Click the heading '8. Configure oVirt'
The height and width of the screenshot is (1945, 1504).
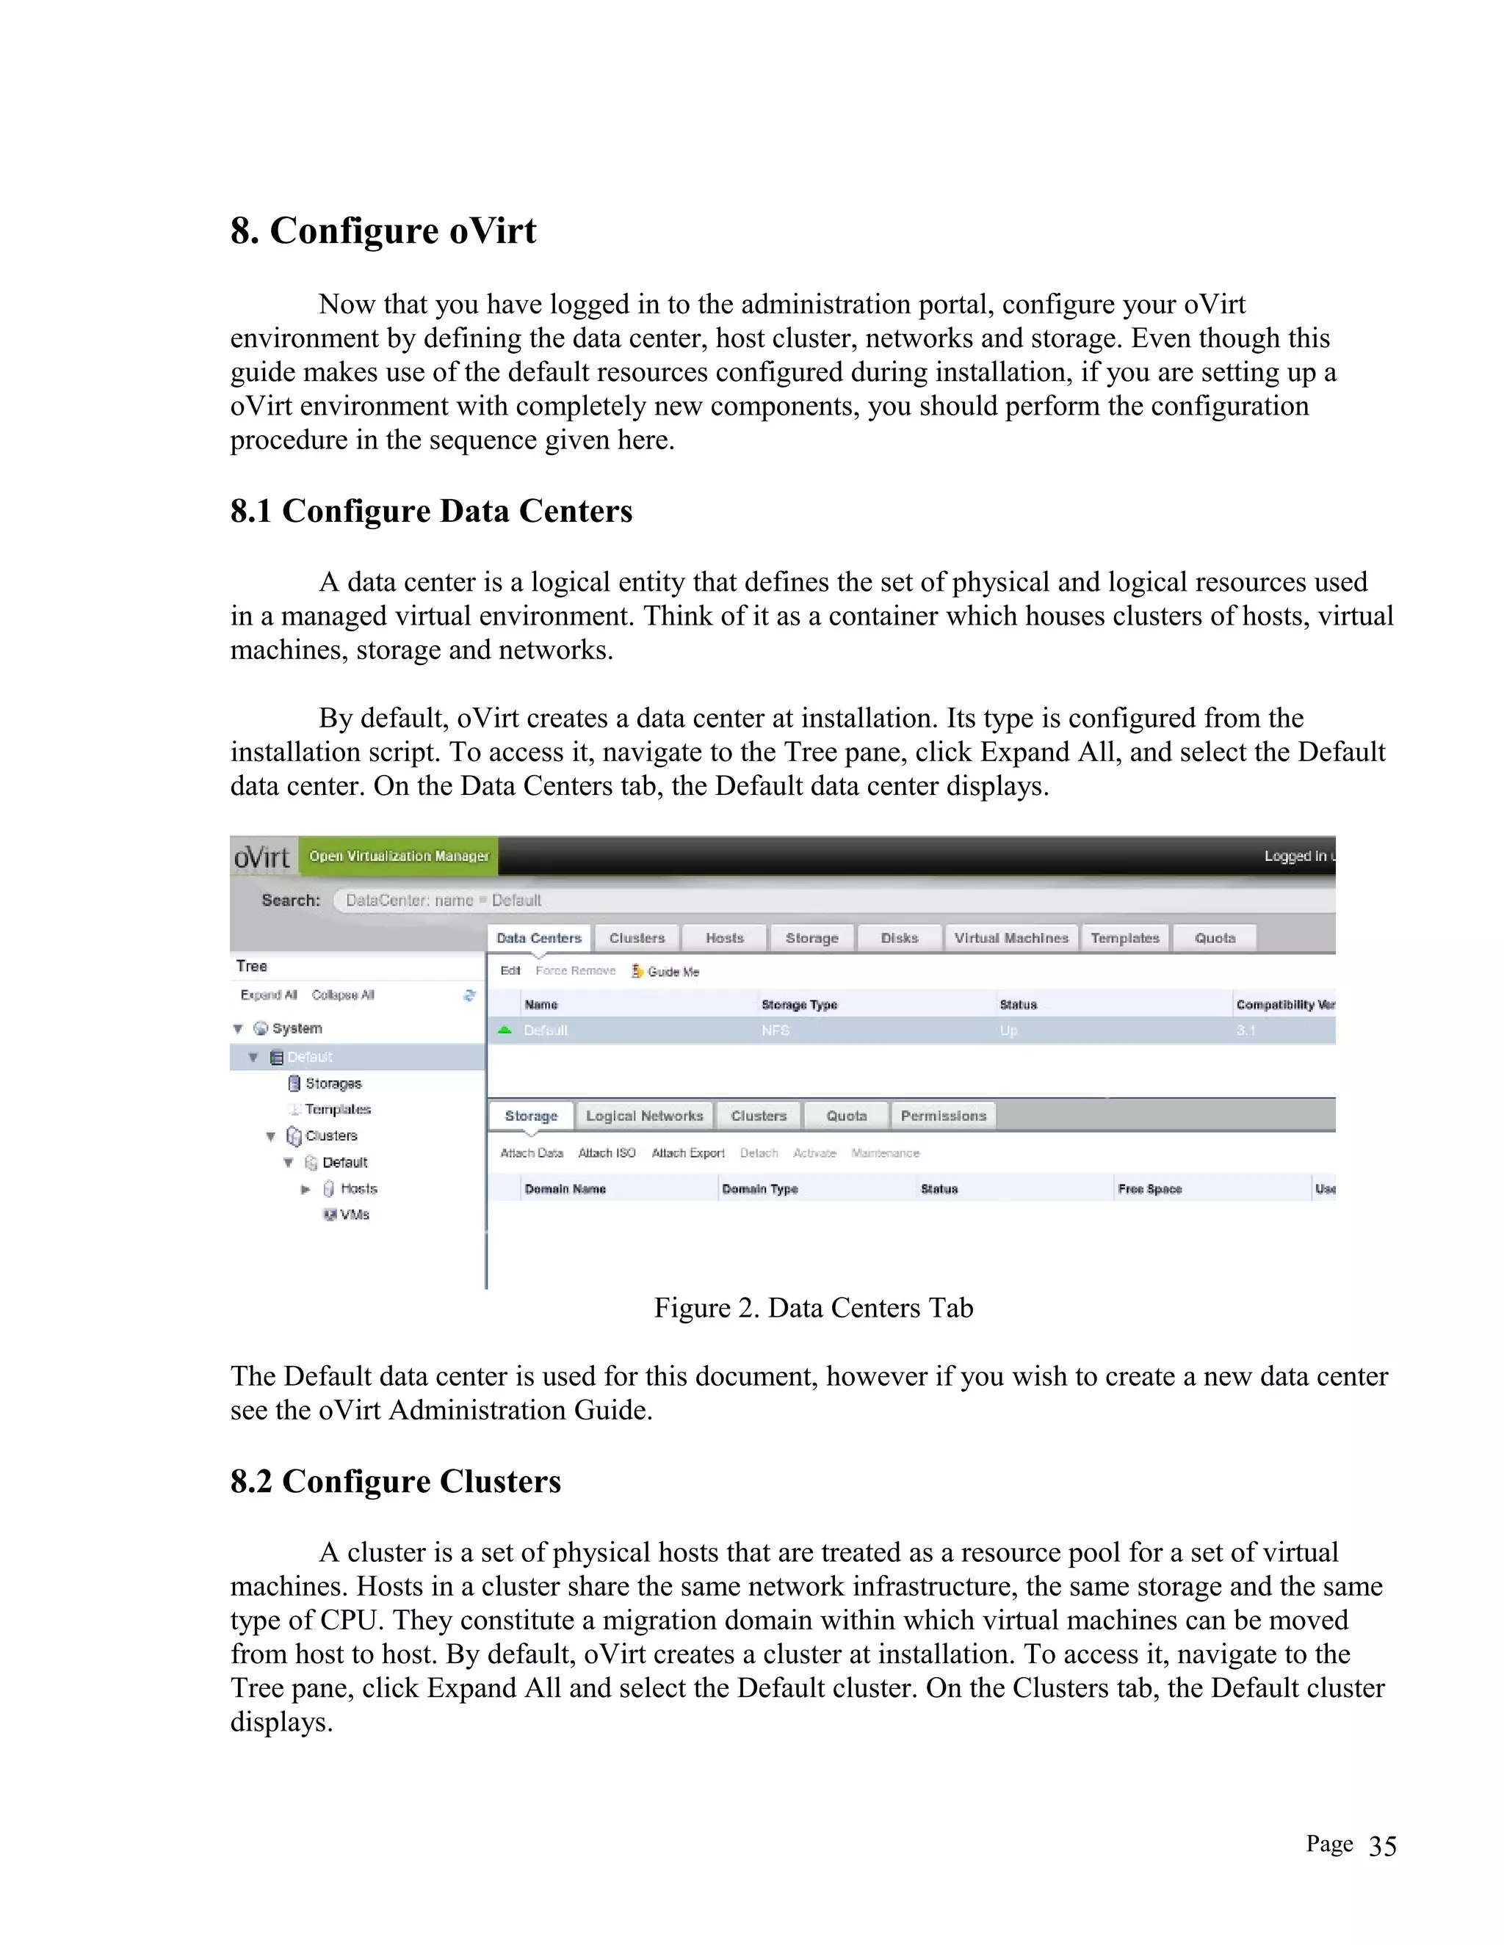[383, 230]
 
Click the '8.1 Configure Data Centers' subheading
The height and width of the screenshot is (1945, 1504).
[431, 511]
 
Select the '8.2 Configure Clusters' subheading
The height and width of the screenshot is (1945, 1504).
[396, 1481]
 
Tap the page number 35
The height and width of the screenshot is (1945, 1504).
[1382, 1846]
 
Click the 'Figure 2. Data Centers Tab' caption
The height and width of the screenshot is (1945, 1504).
[813, 1307]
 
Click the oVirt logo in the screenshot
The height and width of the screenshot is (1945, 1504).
[262, 857]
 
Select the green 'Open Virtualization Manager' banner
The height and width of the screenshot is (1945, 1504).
[398, 856]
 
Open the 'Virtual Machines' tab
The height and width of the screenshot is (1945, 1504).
[1010, 938]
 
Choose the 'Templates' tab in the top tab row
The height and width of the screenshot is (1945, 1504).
[1124, 938]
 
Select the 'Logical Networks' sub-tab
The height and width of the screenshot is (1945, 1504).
[644, 1116]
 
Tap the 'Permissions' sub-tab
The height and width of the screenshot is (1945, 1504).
[943, 1116]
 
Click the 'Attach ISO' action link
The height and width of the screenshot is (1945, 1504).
[606, 1153]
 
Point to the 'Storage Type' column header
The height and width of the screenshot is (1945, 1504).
[799, 1005]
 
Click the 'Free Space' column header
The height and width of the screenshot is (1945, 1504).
[1149, 1189]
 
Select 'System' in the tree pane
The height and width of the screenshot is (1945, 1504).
[297, 1028]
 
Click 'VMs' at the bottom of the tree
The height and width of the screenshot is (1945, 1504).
[354, 1215]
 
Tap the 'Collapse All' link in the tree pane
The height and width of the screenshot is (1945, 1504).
[342, 995]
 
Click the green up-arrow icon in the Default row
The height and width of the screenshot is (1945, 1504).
[505, 1030]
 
